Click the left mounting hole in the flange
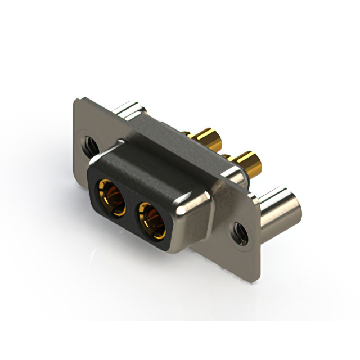89,146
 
